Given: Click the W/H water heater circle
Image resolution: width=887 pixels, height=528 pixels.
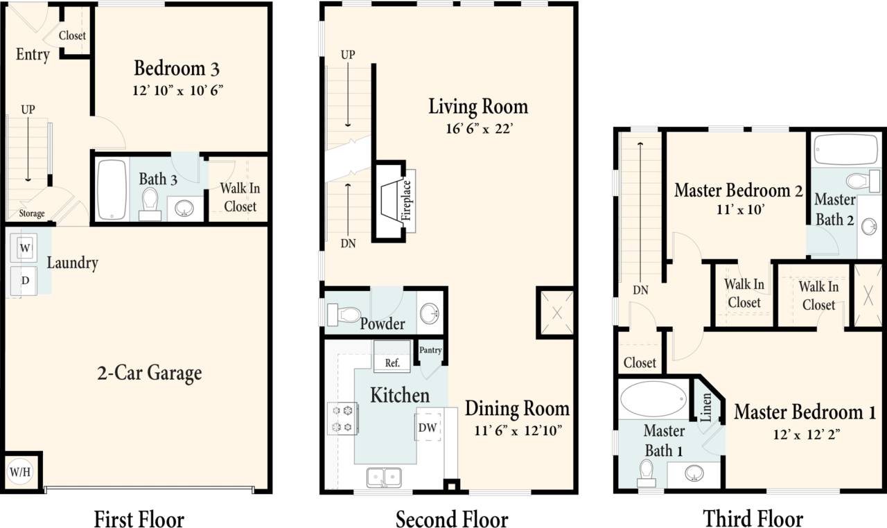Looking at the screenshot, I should [19, 473].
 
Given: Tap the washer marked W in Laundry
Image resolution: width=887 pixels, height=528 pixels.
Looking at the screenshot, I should [25, 247].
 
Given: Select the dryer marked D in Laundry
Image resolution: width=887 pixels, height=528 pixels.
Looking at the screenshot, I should [25, 281].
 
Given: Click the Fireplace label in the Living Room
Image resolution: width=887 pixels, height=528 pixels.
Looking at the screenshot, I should [407, 200].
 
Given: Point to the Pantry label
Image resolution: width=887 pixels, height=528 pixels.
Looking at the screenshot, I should [430, 351].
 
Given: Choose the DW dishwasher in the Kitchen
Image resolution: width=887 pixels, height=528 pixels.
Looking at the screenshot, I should [428, 428].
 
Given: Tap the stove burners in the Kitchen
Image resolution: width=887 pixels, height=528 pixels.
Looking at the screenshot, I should [342, 419].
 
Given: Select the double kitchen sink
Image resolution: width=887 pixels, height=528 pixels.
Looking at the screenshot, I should [384, 477].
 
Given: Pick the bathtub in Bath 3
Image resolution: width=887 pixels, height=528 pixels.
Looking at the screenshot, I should [112, 190].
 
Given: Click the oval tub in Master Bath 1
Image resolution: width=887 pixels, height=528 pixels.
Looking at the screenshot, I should [653, 401].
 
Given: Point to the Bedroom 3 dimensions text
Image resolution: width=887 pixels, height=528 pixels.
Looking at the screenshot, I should [177, 90].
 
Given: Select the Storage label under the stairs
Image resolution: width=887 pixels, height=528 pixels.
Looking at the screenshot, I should [32, 213].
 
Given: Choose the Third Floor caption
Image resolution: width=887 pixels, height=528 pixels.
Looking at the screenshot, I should [753, 518].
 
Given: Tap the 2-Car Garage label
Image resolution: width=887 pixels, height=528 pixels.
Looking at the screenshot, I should [149, 373].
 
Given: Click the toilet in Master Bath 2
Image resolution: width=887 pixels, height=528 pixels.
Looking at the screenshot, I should [858, 182].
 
